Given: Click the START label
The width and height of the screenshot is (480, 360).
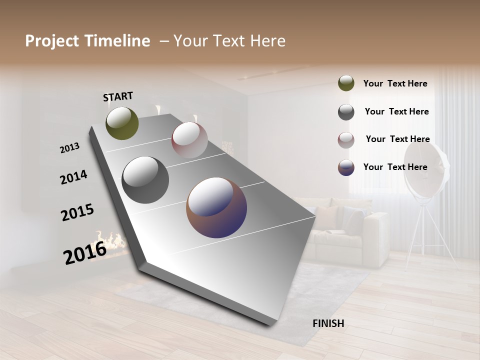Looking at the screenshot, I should (118, 96).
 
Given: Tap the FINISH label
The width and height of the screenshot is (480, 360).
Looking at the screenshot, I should (328, 323).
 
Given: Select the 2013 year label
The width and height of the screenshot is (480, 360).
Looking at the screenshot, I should (69, 148).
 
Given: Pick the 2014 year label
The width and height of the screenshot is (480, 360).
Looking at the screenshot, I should (73, 177).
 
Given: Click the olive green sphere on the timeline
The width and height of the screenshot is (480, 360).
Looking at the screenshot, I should (122, 123).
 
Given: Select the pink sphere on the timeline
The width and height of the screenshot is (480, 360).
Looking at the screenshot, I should (189, 139).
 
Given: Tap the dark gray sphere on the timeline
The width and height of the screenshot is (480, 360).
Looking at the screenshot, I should (145, 180).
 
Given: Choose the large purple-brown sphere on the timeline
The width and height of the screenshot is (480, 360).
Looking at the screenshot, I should (216, 207).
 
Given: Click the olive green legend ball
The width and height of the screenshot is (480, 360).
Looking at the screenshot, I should (346, 83).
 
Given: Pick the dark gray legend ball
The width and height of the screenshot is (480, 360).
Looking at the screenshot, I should (346, 112).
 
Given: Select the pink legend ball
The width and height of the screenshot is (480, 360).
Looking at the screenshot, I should (346, 140).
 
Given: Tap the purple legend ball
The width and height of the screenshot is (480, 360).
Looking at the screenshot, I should (346, 167).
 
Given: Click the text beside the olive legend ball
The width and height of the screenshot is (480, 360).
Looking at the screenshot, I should (395, 84).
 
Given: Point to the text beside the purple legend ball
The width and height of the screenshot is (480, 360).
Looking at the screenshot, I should (395, 167).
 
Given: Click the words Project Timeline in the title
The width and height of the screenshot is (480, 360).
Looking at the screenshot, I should (87, 41).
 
